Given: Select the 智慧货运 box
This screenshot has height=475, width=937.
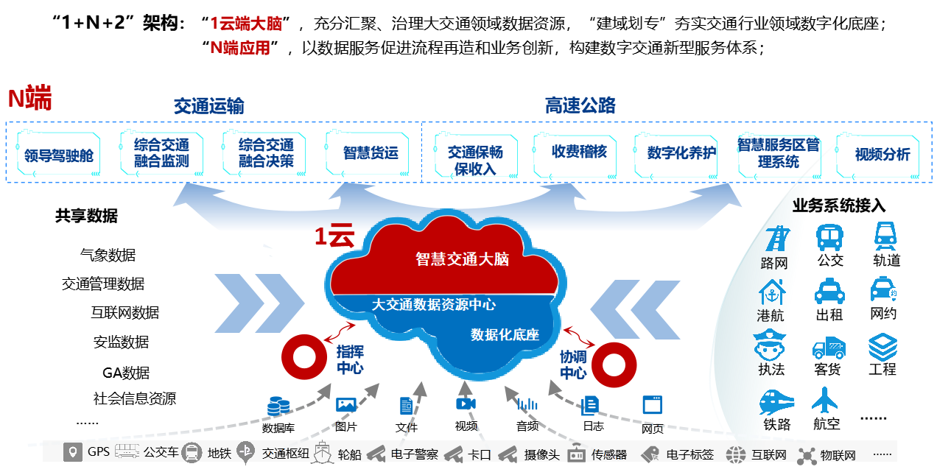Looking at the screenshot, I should (370, 153).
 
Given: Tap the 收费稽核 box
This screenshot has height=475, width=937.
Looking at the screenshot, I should (579, 152).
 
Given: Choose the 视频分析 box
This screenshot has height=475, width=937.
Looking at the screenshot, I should (882, 155).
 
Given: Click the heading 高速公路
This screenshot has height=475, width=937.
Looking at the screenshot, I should (580, 105).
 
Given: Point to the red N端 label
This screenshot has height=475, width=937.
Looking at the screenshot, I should (29, 99).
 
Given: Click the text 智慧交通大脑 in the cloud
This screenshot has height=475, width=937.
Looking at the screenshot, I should (462, 259).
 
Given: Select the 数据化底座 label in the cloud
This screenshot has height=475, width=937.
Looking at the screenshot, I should (505, 334).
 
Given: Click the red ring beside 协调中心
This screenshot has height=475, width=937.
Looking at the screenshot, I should (614, 364).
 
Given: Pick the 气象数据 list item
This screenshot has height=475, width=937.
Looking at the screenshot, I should (108, 256).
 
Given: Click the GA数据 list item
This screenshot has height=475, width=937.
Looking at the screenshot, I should (126, 373).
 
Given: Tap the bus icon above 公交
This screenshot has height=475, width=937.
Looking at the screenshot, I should (829, 238).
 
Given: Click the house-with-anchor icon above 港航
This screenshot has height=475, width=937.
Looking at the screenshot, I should (772, 292).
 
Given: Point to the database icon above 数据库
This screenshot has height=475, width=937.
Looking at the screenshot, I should (278, 407).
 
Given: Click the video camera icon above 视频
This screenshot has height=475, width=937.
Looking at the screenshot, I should (466, 404).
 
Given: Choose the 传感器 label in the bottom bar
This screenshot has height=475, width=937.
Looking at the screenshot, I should (608, 454).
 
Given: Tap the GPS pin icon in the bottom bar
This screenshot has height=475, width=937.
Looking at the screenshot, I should (72, 451).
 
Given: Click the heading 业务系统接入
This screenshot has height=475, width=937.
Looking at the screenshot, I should (838, 206).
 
